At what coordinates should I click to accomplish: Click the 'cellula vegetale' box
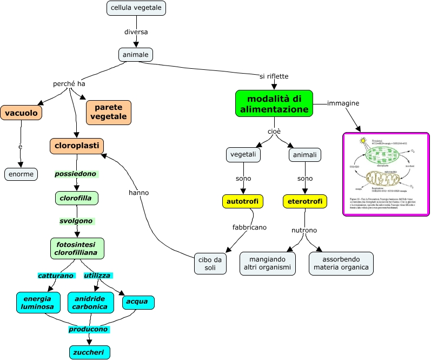[x=136, y=8]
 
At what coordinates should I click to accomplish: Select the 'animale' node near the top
[x=136, y=55]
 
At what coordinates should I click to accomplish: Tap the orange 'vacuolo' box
[x=21, y=113]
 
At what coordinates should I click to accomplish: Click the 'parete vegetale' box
[x=109, y=112]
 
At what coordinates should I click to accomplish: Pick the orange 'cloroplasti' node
[x=76, y=146]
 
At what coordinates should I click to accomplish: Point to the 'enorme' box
[x=21, y=174]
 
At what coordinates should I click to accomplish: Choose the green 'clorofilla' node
[x=76, y=198]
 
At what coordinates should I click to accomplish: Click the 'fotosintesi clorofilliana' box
[x=77, y=248]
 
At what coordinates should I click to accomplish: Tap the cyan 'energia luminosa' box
[x=37, y=302]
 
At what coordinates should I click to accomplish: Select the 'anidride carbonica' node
[x=91, y=302]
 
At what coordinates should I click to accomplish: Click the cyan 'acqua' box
[x=138, y=302]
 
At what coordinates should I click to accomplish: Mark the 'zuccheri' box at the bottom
[x=90, y=352]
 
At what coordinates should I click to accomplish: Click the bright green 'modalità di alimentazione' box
[x=274, y=103]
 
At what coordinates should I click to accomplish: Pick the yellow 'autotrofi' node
[x=243, y=201]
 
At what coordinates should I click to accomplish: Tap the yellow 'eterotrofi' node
[x=305, y=201]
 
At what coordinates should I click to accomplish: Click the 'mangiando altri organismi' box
[x=267, y=263]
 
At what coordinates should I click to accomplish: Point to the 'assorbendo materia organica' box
[x=341, y=263]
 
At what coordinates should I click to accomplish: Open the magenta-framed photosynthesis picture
[x=386, y=174]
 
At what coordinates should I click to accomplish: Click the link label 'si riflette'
[x=274, y=76]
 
